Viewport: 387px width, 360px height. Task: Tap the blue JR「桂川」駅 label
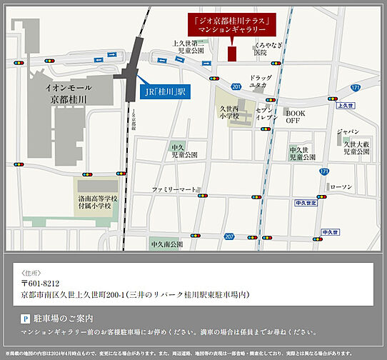166,91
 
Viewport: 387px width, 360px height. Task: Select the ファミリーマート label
174,189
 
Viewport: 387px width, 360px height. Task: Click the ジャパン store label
348,131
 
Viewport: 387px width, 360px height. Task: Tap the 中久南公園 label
167,244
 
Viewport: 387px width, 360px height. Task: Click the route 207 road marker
228,236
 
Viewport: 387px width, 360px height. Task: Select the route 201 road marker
236,86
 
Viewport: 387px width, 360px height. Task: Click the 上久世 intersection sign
345,105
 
